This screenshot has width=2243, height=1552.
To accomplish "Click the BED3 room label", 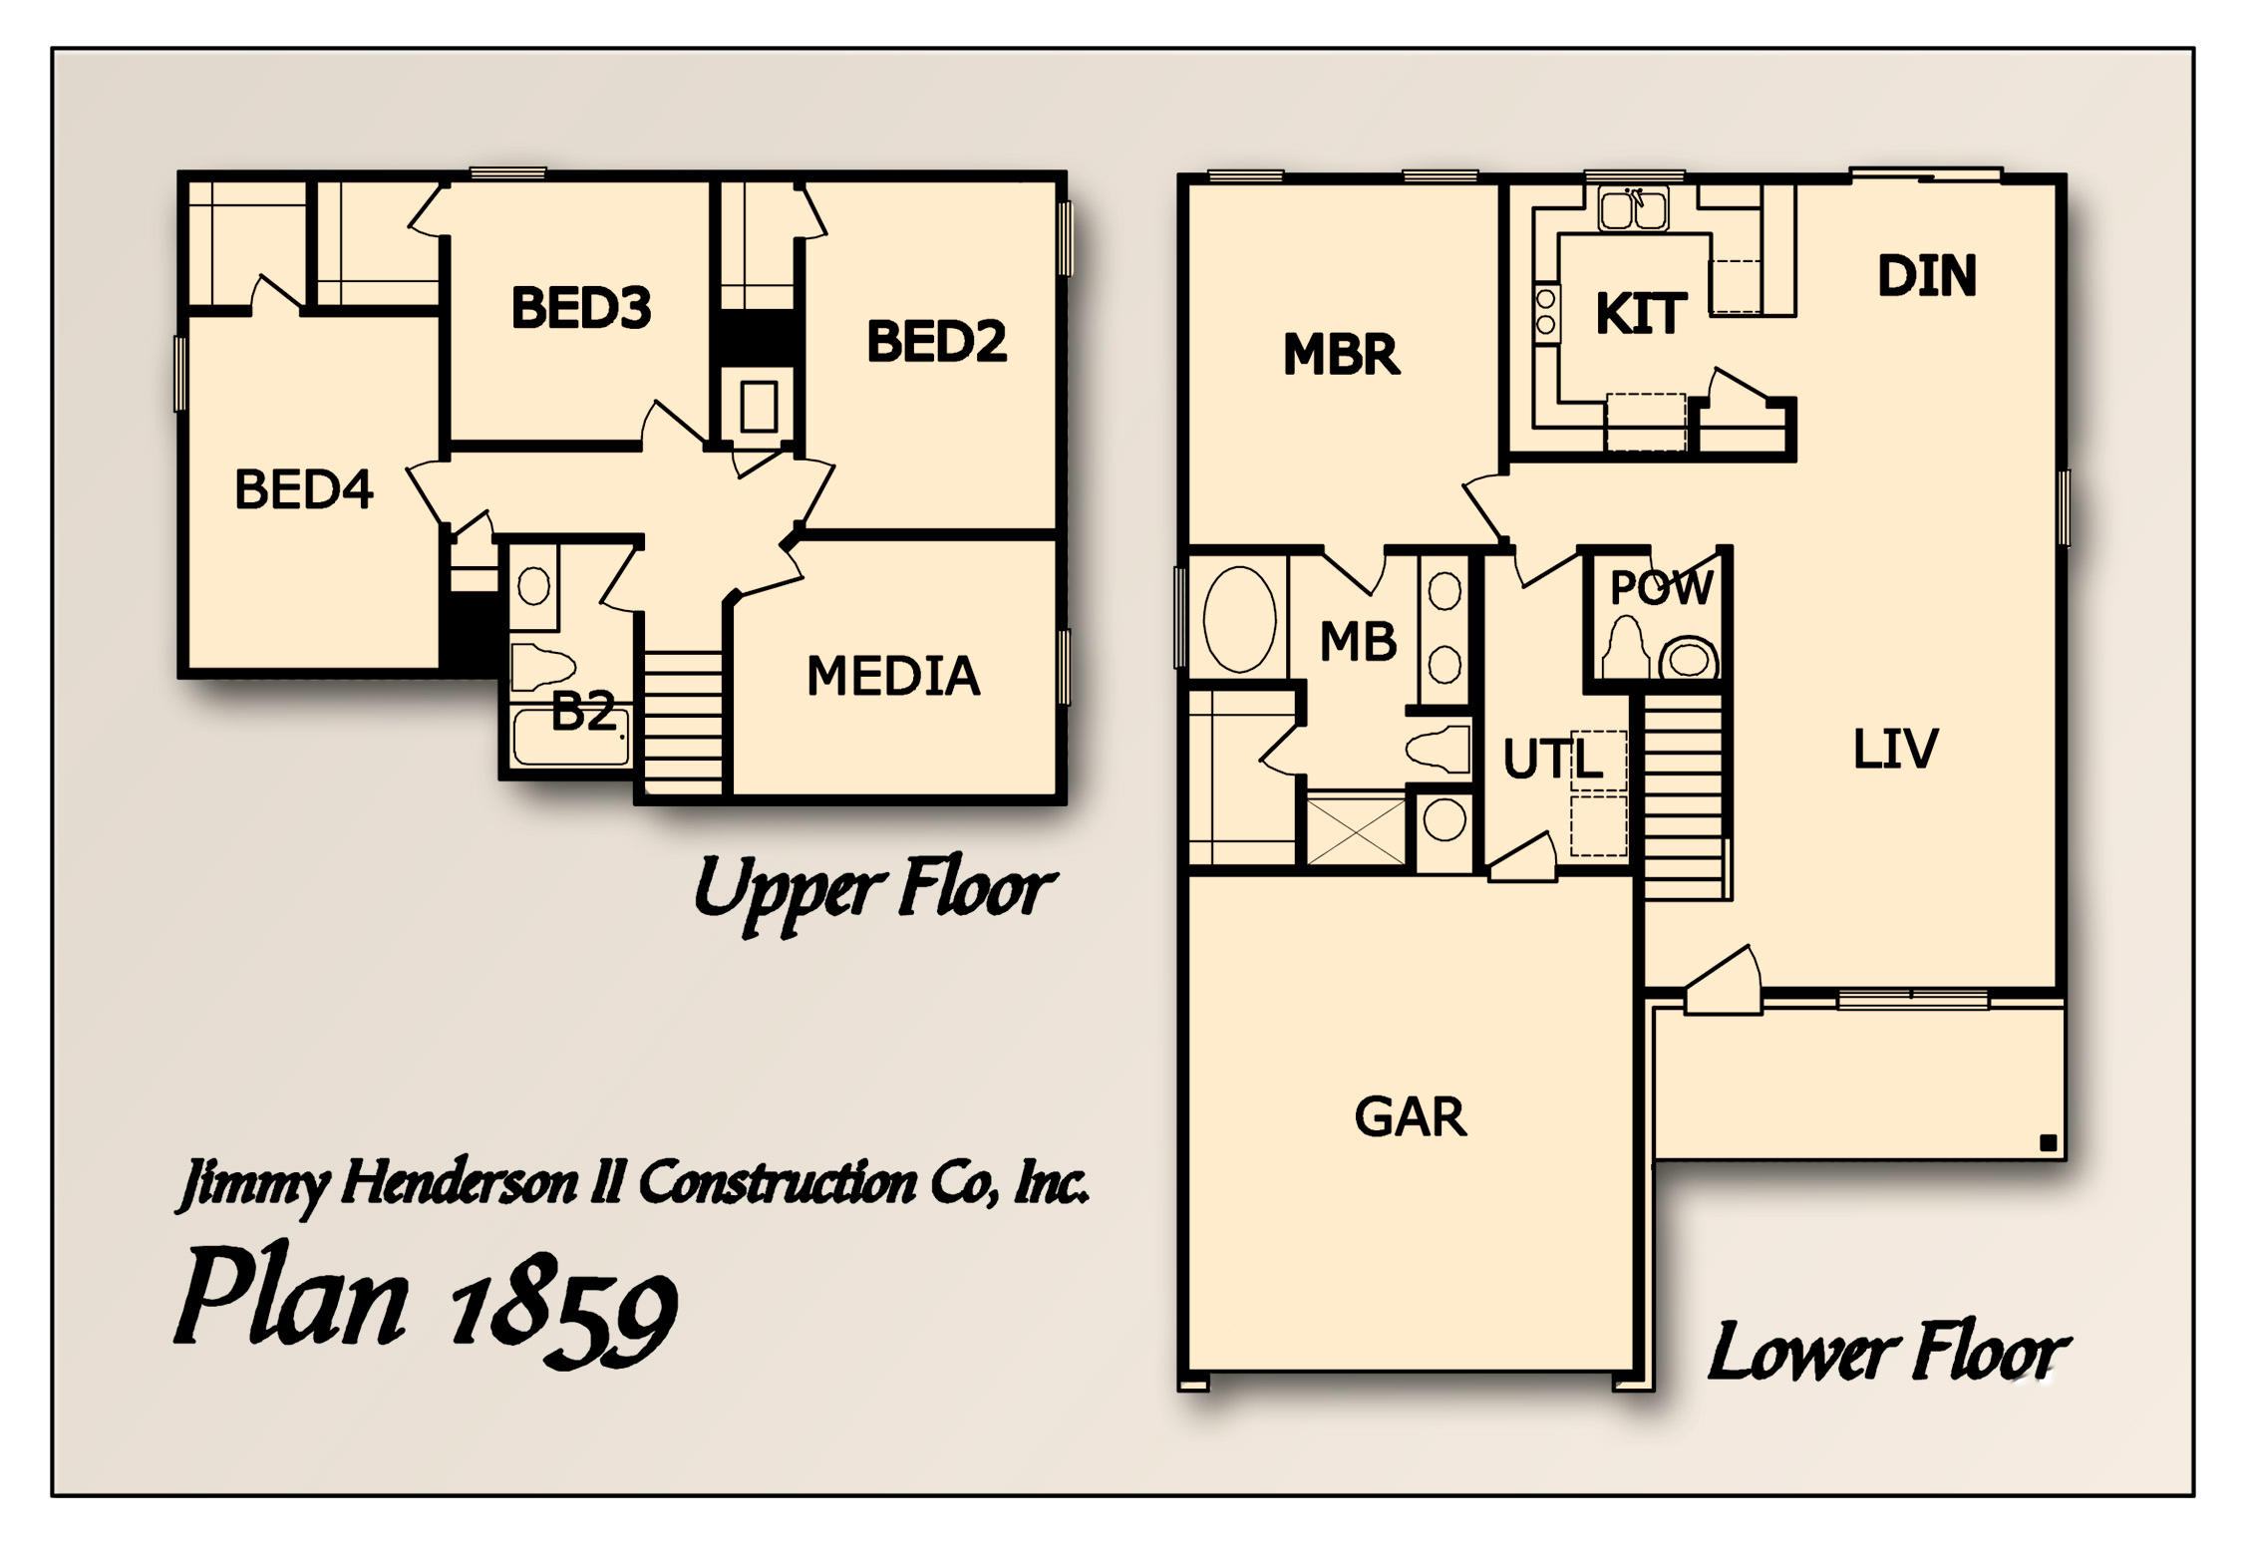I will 581,308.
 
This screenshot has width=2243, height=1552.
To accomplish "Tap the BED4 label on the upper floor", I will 303,489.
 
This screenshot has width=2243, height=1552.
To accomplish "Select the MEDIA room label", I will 893,677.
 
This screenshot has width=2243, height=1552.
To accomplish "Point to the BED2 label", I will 936,342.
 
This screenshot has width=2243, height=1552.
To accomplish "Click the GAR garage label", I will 1410,1117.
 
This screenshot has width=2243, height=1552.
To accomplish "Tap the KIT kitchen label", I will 1641,314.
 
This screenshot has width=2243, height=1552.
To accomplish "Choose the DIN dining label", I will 1926,276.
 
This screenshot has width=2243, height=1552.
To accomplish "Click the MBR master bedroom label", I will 1341,355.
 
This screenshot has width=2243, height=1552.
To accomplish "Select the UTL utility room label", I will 1551,760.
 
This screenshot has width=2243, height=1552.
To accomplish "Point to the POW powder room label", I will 1661,588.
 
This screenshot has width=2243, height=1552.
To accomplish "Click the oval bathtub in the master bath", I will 1239,619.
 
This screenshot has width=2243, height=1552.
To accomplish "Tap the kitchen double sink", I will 1632,209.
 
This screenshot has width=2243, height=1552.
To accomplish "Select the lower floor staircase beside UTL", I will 1683,797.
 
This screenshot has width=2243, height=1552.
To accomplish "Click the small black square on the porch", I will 2048,1143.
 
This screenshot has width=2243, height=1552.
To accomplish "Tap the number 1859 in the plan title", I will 563,1314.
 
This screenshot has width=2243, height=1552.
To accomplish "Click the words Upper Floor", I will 873,889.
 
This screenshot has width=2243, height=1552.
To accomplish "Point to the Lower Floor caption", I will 1887,1354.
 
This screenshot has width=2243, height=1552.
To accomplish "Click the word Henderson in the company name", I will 460,1184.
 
